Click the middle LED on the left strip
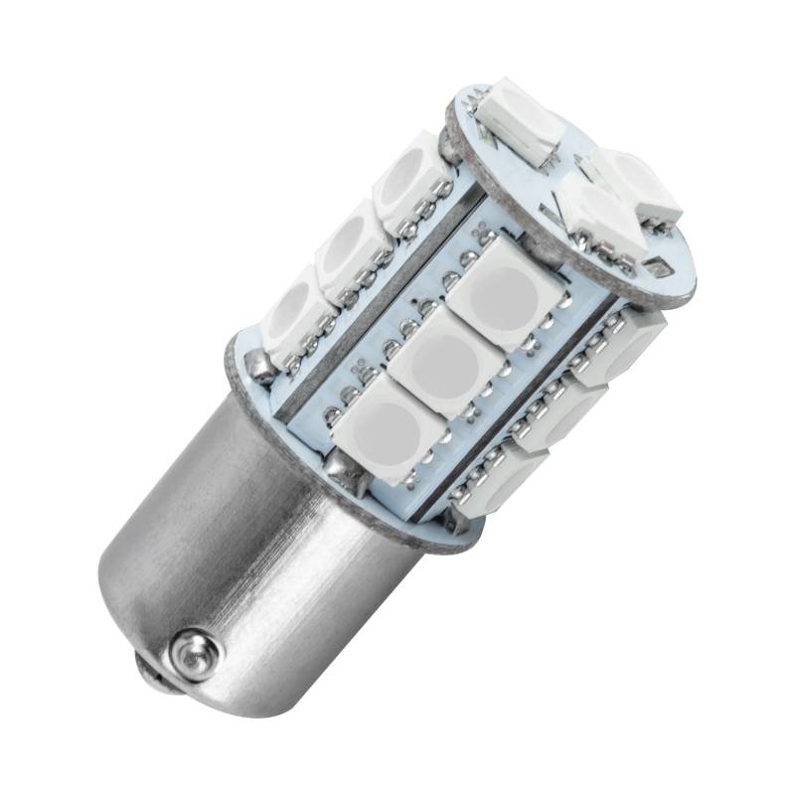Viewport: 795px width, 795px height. pyautogui.click(x=350, y=245)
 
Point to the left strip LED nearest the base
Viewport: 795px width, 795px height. pyautogui.click(x=295, y=312)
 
